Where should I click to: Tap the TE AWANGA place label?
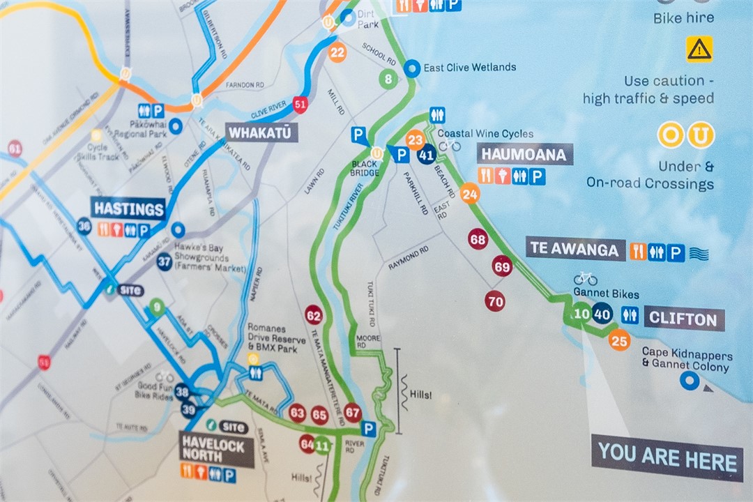coord(575,248)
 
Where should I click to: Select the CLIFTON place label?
coord(683,319)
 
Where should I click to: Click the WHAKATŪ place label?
coord(261,132)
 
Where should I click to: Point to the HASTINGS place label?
coord(129,208)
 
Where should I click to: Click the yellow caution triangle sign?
coord(699,49)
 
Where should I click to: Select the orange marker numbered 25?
coord(619,340)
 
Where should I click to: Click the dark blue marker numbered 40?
coord(602,314)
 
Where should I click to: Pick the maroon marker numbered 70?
coord(495,301)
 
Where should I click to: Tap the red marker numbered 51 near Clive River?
coord(301,105)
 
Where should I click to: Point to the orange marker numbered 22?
coord(337,52)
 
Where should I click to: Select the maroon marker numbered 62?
coord(314,316)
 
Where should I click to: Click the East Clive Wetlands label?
coord(469,68)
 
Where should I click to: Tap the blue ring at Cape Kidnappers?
coord(690,380)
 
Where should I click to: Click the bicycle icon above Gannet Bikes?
coord(585,278)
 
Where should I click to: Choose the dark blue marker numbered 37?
coord(165,262)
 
